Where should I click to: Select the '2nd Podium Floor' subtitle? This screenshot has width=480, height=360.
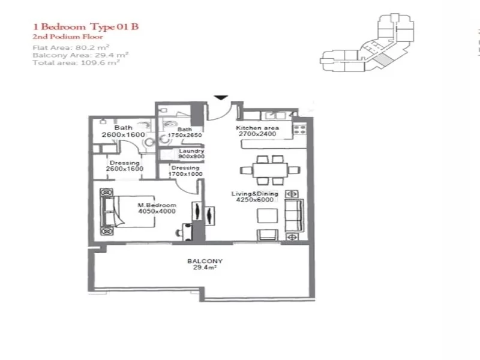pos(59,37)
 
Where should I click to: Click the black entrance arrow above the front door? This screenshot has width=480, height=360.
pos(221,97)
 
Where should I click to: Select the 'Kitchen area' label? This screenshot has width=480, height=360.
pos(257,128)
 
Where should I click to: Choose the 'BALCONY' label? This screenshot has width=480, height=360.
pos(205,261)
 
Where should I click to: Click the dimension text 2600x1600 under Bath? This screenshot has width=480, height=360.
pos(123,135)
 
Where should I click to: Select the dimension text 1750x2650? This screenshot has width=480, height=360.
pos(184,136)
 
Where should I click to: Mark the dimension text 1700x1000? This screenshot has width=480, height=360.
pos(185,174)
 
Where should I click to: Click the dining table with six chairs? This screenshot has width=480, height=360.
pos(268,169)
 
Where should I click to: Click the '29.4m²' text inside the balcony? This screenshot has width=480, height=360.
pos(205,269)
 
